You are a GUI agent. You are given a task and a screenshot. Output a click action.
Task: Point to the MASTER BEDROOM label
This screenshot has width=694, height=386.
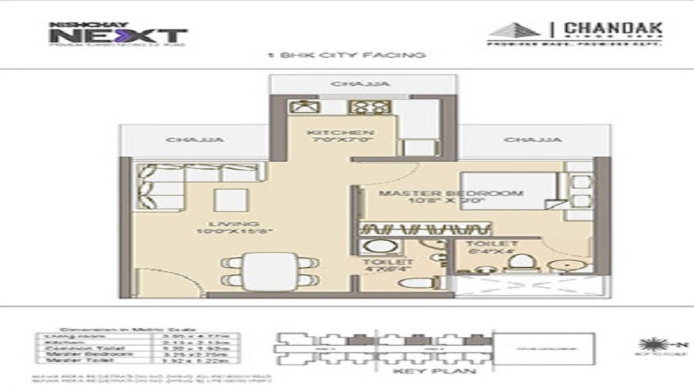tap(441, 195)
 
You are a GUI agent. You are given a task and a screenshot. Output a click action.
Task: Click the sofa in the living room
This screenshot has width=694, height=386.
tap(163, 186)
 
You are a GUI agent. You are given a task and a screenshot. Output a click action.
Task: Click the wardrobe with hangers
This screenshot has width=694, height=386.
tap(426, 229)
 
